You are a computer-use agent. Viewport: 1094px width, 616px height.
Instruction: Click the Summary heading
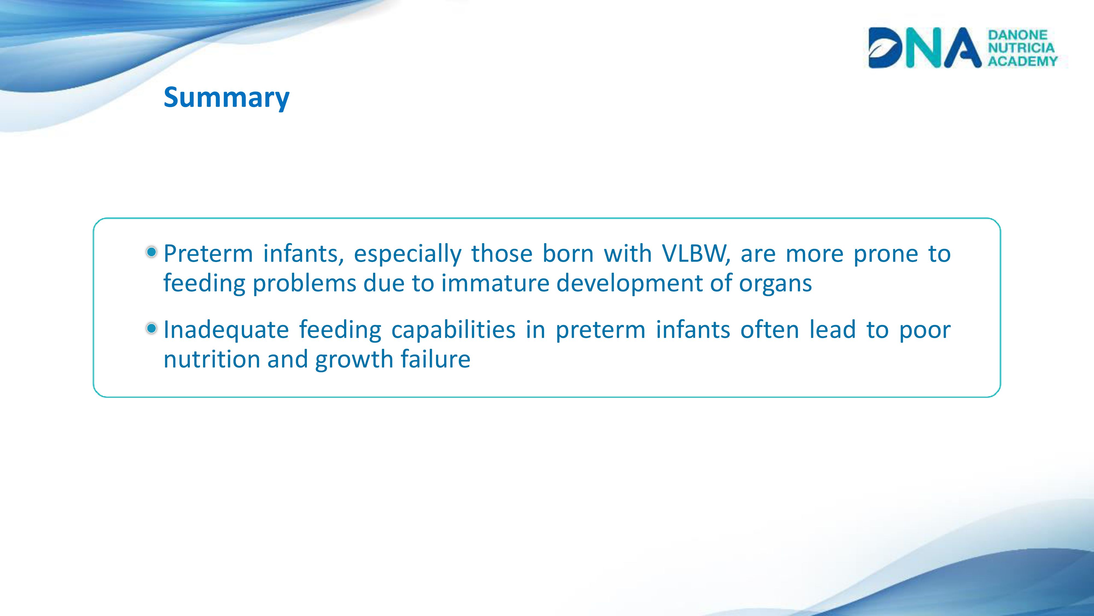tap(226, 98)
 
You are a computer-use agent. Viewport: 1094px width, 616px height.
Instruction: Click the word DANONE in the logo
tap(1017, 34)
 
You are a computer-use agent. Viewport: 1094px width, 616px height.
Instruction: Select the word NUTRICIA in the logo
tap(1021, 48)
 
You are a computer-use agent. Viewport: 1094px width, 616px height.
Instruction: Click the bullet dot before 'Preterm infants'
tap(152, 252)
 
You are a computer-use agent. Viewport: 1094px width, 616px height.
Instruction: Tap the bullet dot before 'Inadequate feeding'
tap(152, 328)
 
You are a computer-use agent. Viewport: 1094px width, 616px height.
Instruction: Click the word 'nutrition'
tap(211, 359)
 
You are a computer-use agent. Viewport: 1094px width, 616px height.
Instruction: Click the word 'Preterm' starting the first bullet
tap(208, 254)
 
